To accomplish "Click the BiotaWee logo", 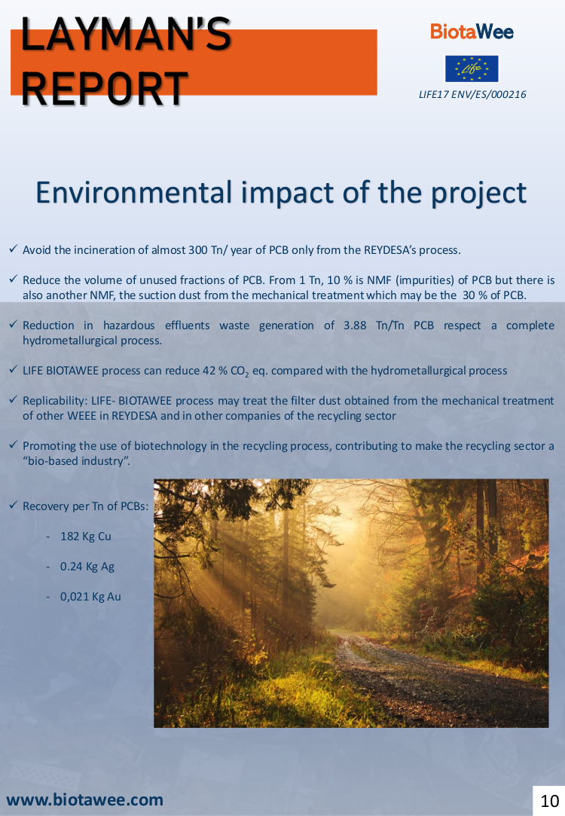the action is (472, 32).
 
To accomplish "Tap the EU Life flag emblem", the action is (472, 69).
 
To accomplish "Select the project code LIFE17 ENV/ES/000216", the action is (472, 94).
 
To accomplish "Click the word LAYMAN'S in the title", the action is (126, 35).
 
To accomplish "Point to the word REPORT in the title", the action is (104, 88).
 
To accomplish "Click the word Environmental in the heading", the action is (133, 193).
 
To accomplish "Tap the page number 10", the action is (549, 800).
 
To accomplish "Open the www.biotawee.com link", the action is (85, 799).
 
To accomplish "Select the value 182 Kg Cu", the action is (86, 536).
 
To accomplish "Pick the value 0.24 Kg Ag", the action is (87, 566).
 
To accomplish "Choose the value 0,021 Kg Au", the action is (90, 597).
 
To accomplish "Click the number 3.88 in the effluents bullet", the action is (355, 325).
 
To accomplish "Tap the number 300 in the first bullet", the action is (198, 250).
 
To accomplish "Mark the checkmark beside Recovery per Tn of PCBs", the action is (14, 506).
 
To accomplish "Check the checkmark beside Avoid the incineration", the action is (14, 249).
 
